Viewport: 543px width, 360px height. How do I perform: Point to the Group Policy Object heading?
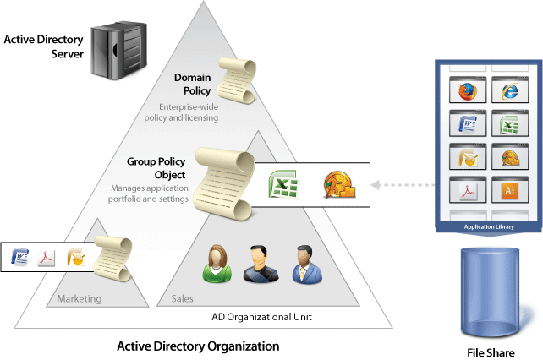pos(156,166)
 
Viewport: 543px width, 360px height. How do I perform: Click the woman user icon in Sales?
pos(217,264)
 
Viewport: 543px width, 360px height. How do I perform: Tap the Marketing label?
pos(79,298)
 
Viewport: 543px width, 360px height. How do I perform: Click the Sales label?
pos(182,298)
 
